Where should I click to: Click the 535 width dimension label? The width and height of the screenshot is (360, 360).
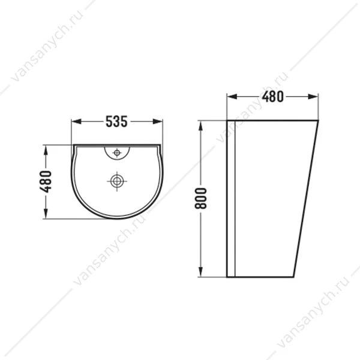116,121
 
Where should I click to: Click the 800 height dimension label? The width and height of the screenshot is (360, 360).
200,198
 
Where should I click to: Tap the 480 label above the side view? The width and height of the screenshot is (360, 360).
273,97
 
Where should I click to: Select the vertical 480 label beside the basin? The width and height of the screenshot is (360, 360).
46,181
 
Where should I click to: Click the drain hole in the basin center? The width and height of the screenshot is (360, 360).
117,181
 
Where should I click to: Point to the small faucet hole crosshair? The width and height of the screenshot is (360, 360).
117,152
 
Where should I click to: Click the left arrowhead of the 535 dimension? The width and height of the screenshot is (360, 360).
76,121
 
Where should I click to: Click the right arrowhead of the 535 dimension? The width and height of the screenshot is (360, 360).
158,121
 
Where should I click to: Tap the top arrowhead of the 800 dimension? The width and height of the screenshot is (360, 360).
200,126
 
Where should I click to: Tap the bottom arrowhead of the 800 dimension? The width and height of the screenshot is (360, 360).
200,272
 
